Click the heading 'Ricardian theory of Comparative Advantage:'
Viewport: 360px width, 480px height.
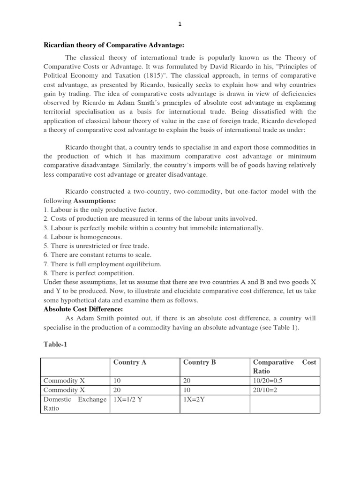pos(114,45)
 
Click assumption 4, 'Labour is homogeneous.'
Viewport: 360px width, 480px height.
pos(82,237)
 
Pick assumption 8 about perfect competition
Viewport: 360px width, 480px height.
pos(89,273)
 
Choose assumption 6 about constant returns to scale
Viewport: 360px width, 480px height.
pos(97,255)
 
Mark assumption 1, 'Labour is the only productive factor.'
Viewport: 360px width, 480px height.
pos(100,210)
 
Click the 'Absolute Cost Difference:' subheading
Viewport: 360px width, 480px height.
pos(83,309)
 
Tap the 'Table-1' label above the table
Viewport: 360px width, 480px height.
pos(55,345)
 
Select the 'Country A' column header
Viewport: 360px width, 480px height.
pos(126,362)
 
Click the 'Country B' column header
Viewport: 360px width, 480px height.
pos(199,362)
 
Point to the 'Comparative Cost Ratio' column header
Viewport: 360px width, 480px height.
pos(284,367)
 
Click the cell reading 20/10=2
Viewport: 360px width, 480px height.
pos(265,390)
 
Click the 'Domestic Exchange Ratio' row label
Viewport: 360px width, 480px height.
pos(75,404)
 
